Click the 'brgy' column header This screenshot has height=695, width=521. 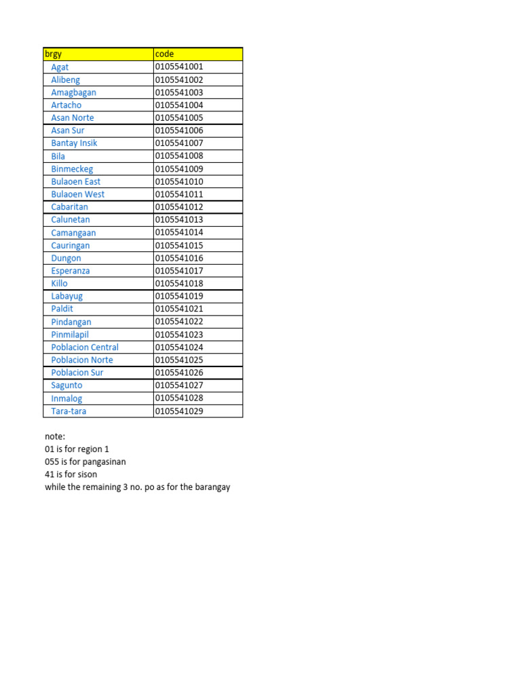pos(53,54)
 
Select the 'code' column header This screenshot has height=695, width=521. pos(164,54)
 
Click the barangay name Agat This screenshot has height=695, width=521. pos(60,67)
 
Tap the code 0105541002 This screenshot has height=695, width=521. pos(179,79)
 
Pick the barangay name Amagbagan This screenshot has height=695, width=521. pos(73,92)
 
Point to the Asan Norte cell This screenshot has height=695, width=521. pos(73,117)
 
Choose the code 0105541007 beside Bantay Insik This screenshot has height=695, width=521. pos(179,143)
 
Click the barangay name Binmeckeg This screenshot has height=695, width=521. pos(72,169)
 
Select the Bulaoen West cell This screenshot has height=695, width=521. pos(78,194)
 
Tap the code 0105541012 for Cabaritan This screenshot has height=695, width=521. pos(179,207)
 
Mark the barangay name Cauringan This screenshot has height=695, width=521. pos(71,246)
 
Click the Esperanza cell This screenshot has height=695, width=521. pos(71,271)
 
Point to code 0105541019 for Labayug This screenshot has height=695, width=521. pos(179,296)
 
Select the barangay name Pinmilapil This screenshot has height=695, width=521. pos(70,335)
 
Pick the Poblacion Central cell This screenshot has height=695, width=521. pos(85,347)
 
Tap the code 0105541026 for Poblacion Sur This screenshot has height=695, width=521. pos(179,373)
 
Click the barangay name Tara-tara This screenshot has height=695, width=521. pos(69,411)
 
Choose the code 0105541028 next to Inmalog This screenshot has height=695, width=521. pos(179,398)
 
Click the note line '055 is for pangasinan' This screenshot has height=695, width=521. pos(85,462)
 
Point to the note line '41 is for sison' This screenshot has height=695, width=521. pos(71,474)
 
